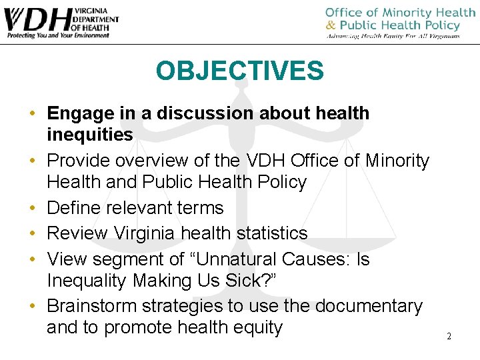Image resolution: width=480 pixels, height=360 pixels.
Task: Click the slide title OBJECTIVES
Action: [x=240, y=71]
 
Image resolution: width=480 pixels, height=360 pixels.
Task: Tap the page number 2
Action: [x=449, y=336]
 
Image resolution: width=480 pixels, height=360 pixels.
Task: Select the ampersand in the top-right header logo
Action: [x=330, y=25]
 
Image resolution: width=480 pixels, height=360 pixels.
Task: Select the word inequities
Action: [x=90, y=135]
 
